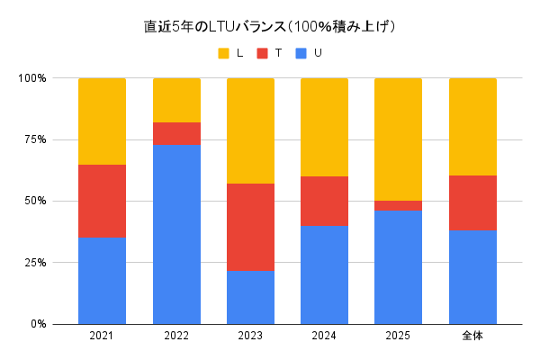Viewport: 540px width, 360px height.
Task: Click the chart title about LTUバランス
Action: click(x=270, y=26)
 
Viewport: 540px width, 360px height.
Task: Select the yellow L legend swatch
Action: click(x=223, y=54)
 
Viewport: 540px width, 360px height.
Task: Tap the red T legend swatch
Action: click(x=263, y=54)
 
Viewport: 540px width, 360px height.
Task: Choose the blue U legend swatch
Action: click(x=302, y=54)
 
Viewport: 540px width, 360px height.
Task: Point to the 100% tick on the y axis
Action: click(x=33, y=78)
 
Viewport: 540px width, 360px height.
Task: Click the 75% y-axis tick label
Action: click(x=36, y=139)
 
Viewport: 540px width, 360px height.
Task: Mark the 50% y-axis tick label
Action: click(x=36, y=201)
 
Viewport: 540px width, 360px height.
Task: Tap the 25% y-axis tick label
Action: click(x=36, y=263)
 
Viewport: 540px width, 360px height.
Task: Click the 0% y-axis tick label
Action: click(x=39, y=324)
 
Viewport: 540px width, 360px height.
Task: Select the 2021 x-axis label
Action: click(x=102, y=337)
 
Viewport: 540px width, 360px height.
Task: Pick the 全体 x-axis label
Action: click(x=472, y=337)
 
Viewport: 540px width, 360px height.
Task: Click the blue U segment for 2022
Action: click(x=176, y=234)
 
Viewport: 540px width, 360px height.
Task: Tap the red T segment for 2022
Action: click(x=176, y=133)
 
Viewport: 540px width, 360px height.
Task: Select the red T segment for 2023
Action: click(x=250, y=228)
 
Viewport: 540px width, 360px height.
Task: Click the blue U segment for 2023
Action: click(x=250, y=297)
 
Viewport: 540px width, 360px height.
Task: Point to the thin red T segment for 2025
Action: click(x=398, y=205)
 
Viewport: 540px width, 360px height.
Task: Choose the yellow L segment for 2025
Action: click(x=398, y=139)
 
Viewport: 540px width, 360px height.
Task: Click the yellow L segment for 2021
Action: click(x=102, y=121)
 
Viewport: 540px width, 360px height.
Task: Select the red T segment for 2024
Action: click(x=324, y=201)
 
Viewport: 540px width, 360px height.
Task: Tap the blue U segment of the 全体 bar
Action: click(x=472, y=276)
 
